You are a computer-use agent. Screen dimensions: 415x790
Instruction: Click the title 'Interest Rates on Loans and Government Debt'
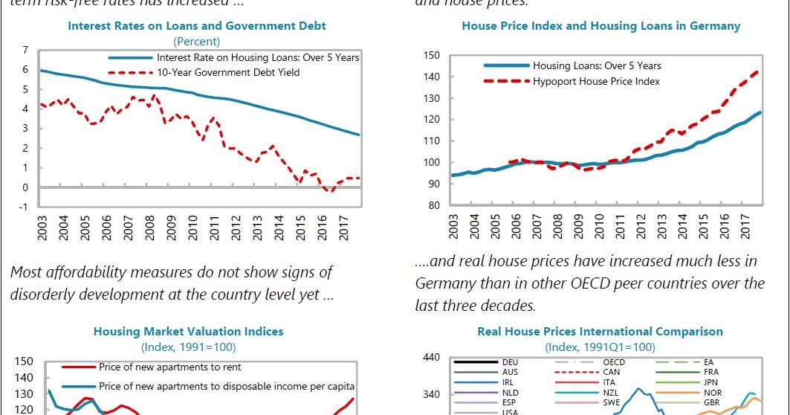click(x=197, y=26)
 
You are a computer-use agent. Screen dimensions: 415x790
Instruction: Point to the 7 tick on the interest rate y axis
click(x=25, y=50)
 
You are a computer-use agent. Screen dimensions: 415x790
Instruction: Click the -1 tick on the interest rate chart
click(x=24, y=207)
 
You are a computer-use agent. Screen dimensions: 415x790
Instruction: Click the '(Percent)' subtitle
click(x=197, y=41)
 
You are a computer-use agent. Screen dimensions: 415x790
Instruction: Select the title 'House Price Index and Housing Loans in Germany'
click(x=600, y=26)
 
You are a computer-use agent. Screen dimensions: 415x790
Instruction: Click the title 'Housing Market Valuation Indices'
click(x=187, y=332)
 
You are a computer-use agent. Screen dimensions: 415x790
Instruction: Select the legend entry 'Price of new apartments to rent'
click(x=169, y=367)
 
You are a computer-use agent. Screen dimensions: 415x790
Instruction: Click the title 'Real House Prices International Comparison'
click(x=600, y=332)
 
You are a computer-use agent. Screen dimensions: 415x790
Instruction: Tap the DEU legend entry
click(x=510, y=362)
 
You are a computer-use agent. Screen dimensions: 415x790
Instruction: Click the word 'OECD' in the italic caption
click(x=571, y=283)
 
